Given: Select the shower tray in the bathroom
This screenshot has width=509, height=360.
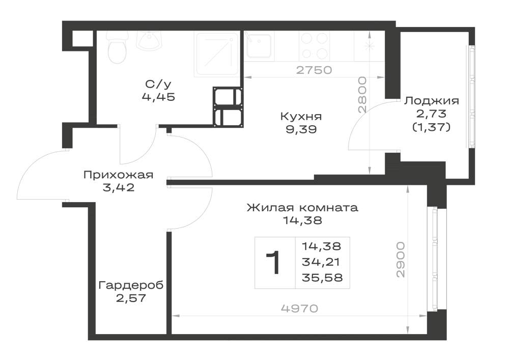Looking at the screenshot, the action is (x=217, y=54).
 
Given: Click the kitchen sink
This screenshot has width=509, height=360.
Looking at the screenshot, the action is (x=258, y=45).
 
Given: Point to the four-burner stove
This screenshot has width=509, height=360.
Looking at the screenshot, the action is (x=314, y=46).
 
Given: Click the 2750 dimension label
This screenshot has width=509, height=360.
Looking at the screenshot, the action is (x=314, y=70).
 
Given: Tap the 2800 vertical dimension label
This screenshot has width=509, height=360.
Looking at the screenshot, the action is (x=362, y=95).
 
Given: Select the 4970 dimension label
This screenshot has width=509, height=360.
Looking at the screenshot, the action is (x=299, y=309).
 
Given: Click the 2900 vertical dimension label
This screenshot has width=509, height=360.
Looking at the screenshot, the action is (x=401, y=259).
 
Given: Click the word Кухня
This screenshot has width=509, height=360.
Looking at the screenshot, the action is (x=301, y=116).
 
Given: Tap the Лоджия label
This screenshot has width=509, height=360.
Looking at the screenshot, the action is (x=432, y=101).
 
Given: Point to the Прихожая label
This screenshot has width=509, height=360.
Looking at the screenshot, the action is (x=118, y=175).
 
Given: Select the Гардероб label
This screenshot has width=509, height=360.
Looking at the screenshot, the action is (x=131, y=285).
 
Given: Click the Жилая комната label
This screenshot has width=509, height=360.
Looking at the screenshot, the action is (x=302, y=207).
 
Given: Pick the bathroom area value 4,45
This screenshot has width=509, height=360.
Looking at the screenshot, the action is (x=158, y=97).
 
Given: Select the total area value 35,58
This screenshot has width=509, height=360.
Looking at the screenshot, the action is (x=322, y=278).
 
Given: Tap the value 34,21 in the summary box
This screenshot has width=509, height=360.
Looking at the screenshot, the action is (x=321, y=262).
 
